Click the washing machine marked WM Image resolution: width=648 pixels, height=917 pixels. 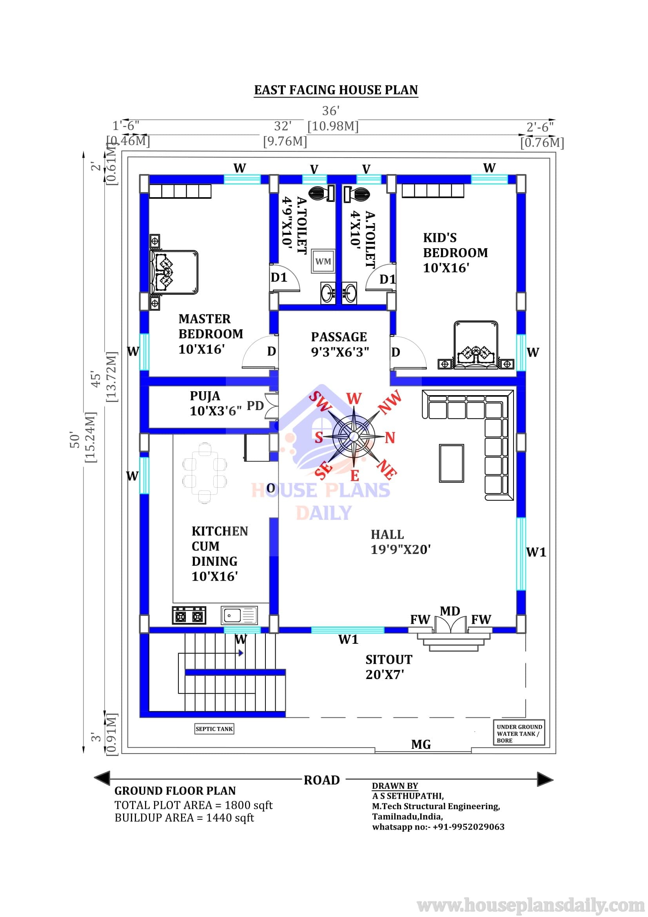(323, 261)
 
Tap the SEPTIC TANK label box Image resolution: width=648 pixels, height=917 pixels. (214, 729)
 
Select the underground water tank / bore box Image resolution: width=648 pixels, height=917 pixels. (519, 733)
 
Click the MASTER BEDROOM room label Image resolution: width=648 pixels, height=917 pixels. (211, 334)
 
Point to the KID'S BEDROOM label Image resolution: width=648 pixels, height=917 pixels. (456, 253)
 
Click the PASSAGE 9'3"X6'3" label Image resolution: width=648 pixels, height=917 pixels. (340, 344)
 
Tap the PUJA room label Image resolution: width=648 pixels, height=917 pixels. (216, 403)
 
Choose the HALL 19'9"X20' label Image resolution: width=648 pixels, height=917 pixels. (401, 542)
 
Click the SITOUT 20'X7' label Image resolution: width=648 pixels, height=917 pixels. (389, 667)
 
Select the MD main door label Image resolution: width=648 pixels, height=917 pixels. (450, 611)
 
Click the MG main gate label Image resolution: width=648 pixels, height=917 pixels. (421, 744)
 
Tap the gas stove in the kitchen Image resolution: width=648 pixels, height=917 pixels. (189, 616)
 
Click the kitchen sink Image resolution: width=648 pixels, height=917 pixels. (239, 616)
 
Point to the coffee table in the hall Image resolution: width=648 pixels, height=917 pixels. (452, 463)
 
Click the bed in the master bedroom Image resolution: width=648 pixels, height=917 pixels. (174, 272)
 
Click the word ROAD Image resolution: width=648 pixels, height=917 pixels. (322, 780)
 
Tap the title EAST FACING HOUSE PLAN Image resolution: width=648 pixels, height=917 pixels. (336, 90)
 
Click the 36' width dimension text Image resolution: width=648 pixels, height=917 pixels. (330, 111)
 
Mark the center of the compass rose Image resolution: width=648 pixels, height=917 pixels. (354, 435)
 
